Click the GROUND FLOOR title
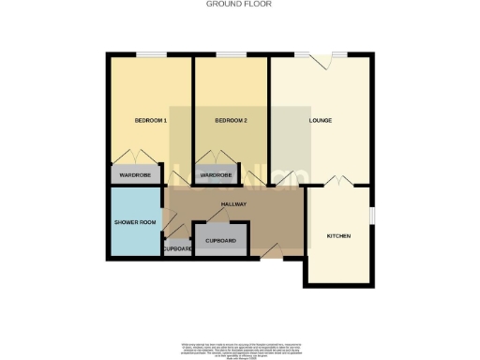coord(239,4)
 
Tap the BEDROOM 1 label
coord(150,121)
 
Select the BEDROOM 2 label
coord(230,121)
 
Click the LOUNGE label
coord(322,121)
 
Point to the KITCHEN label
coord(338,235)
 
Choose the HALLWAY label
coord(232,203)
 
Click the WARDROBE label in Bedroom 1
coord(137,174)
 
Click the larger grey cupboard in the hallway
coord(221,241)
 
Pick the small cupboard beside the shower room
coord(176,248)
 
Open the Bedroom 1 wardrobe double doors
coord(137,157)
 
